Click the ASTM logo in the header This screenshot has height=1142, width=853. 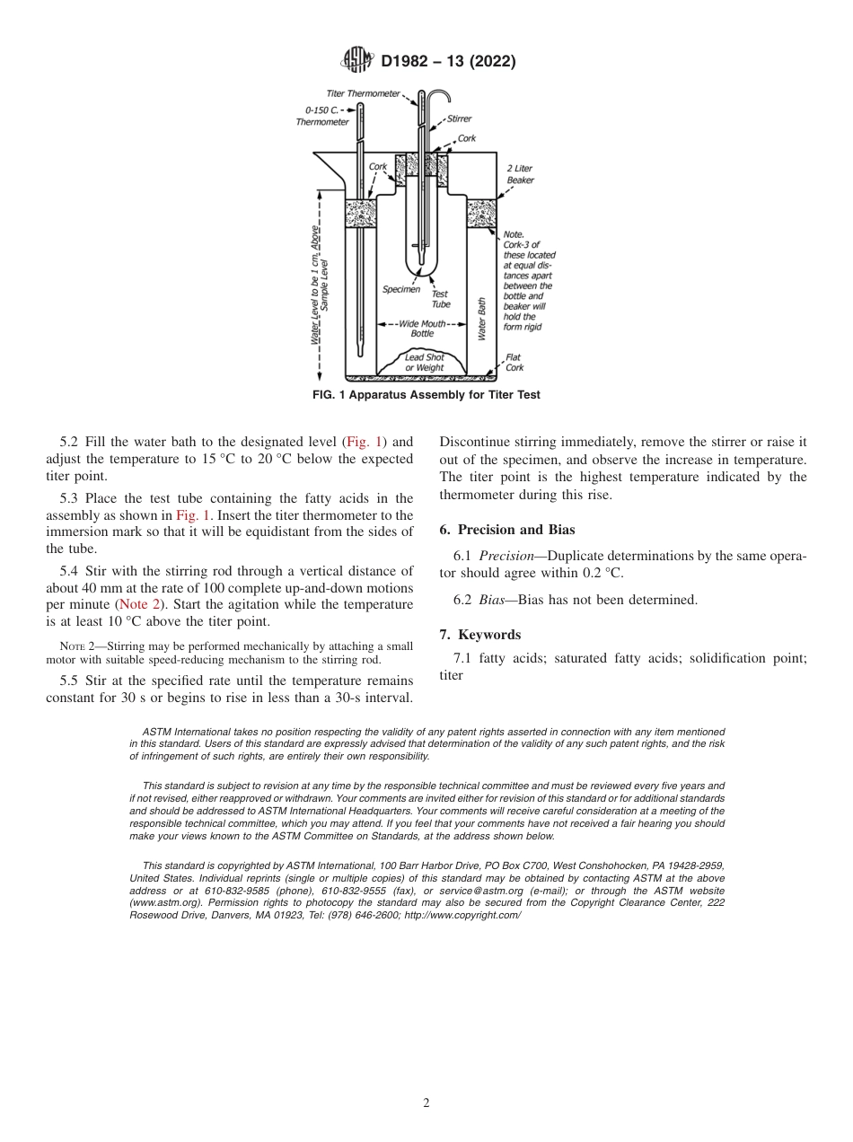(358, 62)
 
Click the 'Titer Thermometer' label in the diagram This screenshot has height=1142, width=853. (363, 93)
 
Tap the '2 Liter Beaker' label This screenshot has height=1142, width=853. (520, 174)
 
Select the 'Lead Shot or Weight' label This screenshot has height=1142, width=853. (424, 362)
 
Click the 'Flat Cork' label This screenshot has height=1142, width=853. (514, 362)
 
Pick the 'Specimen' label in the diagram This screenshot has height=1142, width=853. (401, 289)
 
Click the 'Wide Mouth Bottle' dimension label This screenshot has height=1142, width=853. (422, 329)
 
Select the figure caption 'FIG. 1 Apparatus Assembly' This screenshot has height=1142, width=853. (426, 395)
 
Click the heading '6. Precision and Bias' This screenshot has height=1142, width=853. (506, 530)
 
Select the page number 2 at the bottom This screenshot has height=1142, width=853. (426, 1103)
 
